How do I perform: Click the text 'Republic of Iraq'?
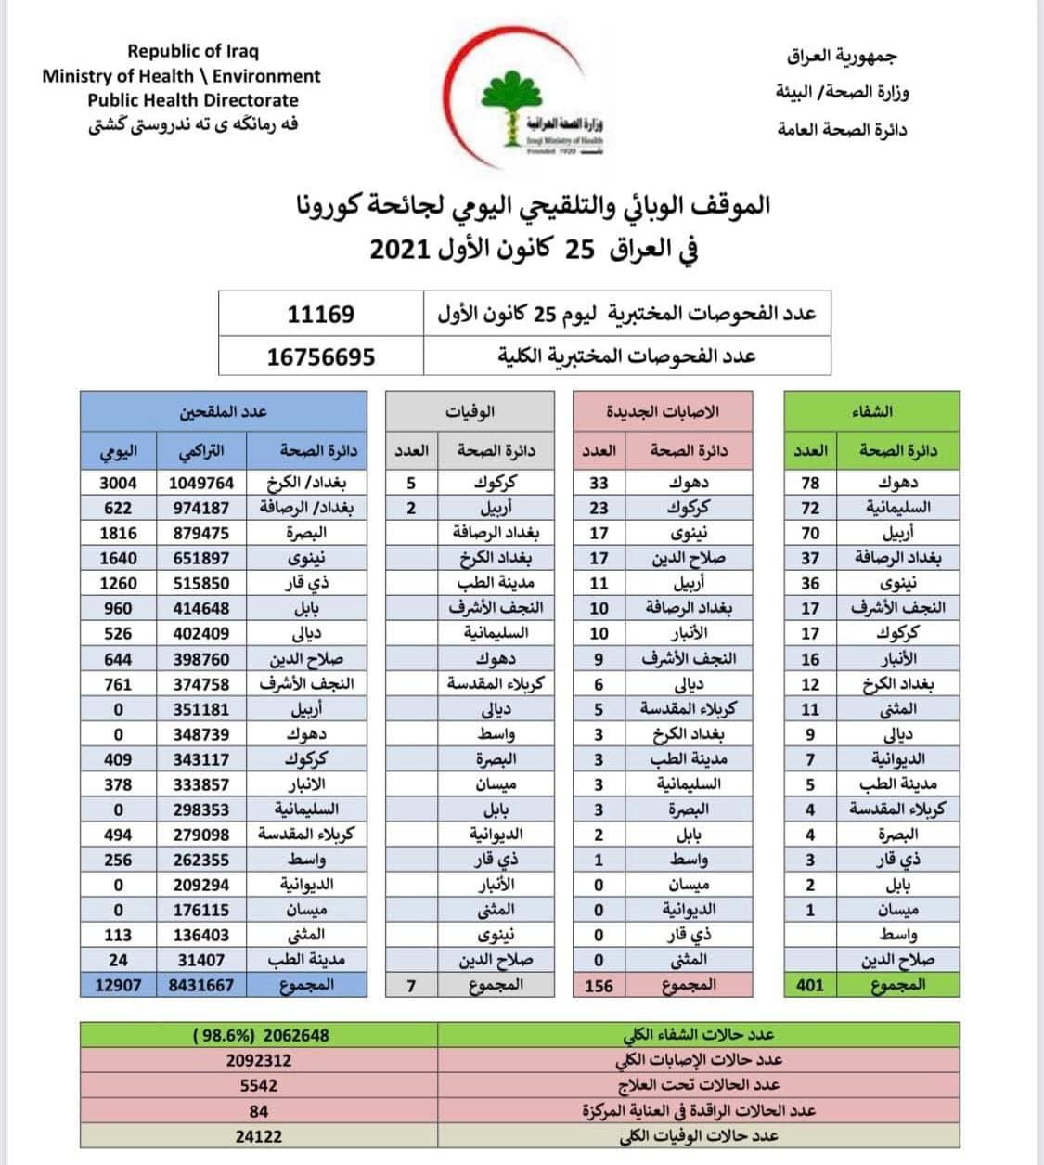click(x=193, y=51)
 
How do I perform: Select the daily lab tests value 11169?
click(x=320, y=315)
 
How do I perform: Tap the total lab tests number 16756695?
click(x=320, y=356)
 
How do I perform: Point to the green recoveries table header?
click(x=871, y=410)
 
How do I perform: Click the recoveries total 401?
click(x=810, y=985)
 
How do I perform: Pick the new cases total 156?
click(x=599, y=985)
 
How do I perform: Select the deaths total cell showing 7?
click(x=411, y=985)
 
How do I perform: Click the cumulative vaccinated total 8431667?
click(x=201, y=985)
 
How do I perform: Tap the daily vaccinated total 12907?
click(x=118, y=985)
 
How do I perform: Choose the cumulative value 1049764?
click(x=201, y=483)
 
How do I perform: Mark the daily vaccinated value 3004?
click(x=118, y=483)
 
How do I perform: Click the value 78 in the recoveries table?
click(x=810, y=483)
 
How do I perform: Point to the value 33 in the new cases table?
click(x=599, y=483)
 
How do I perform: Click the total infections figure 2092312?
click(x=258, y=1060)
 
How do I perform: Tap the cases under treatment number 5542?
click(x=258, y=1085)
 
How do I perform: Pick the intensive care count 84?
click(x=258, y=1111)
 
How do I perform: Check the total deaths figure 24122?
click(x=258, y=1136)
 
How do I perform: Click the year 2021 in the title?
click(x=401, y=251)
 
